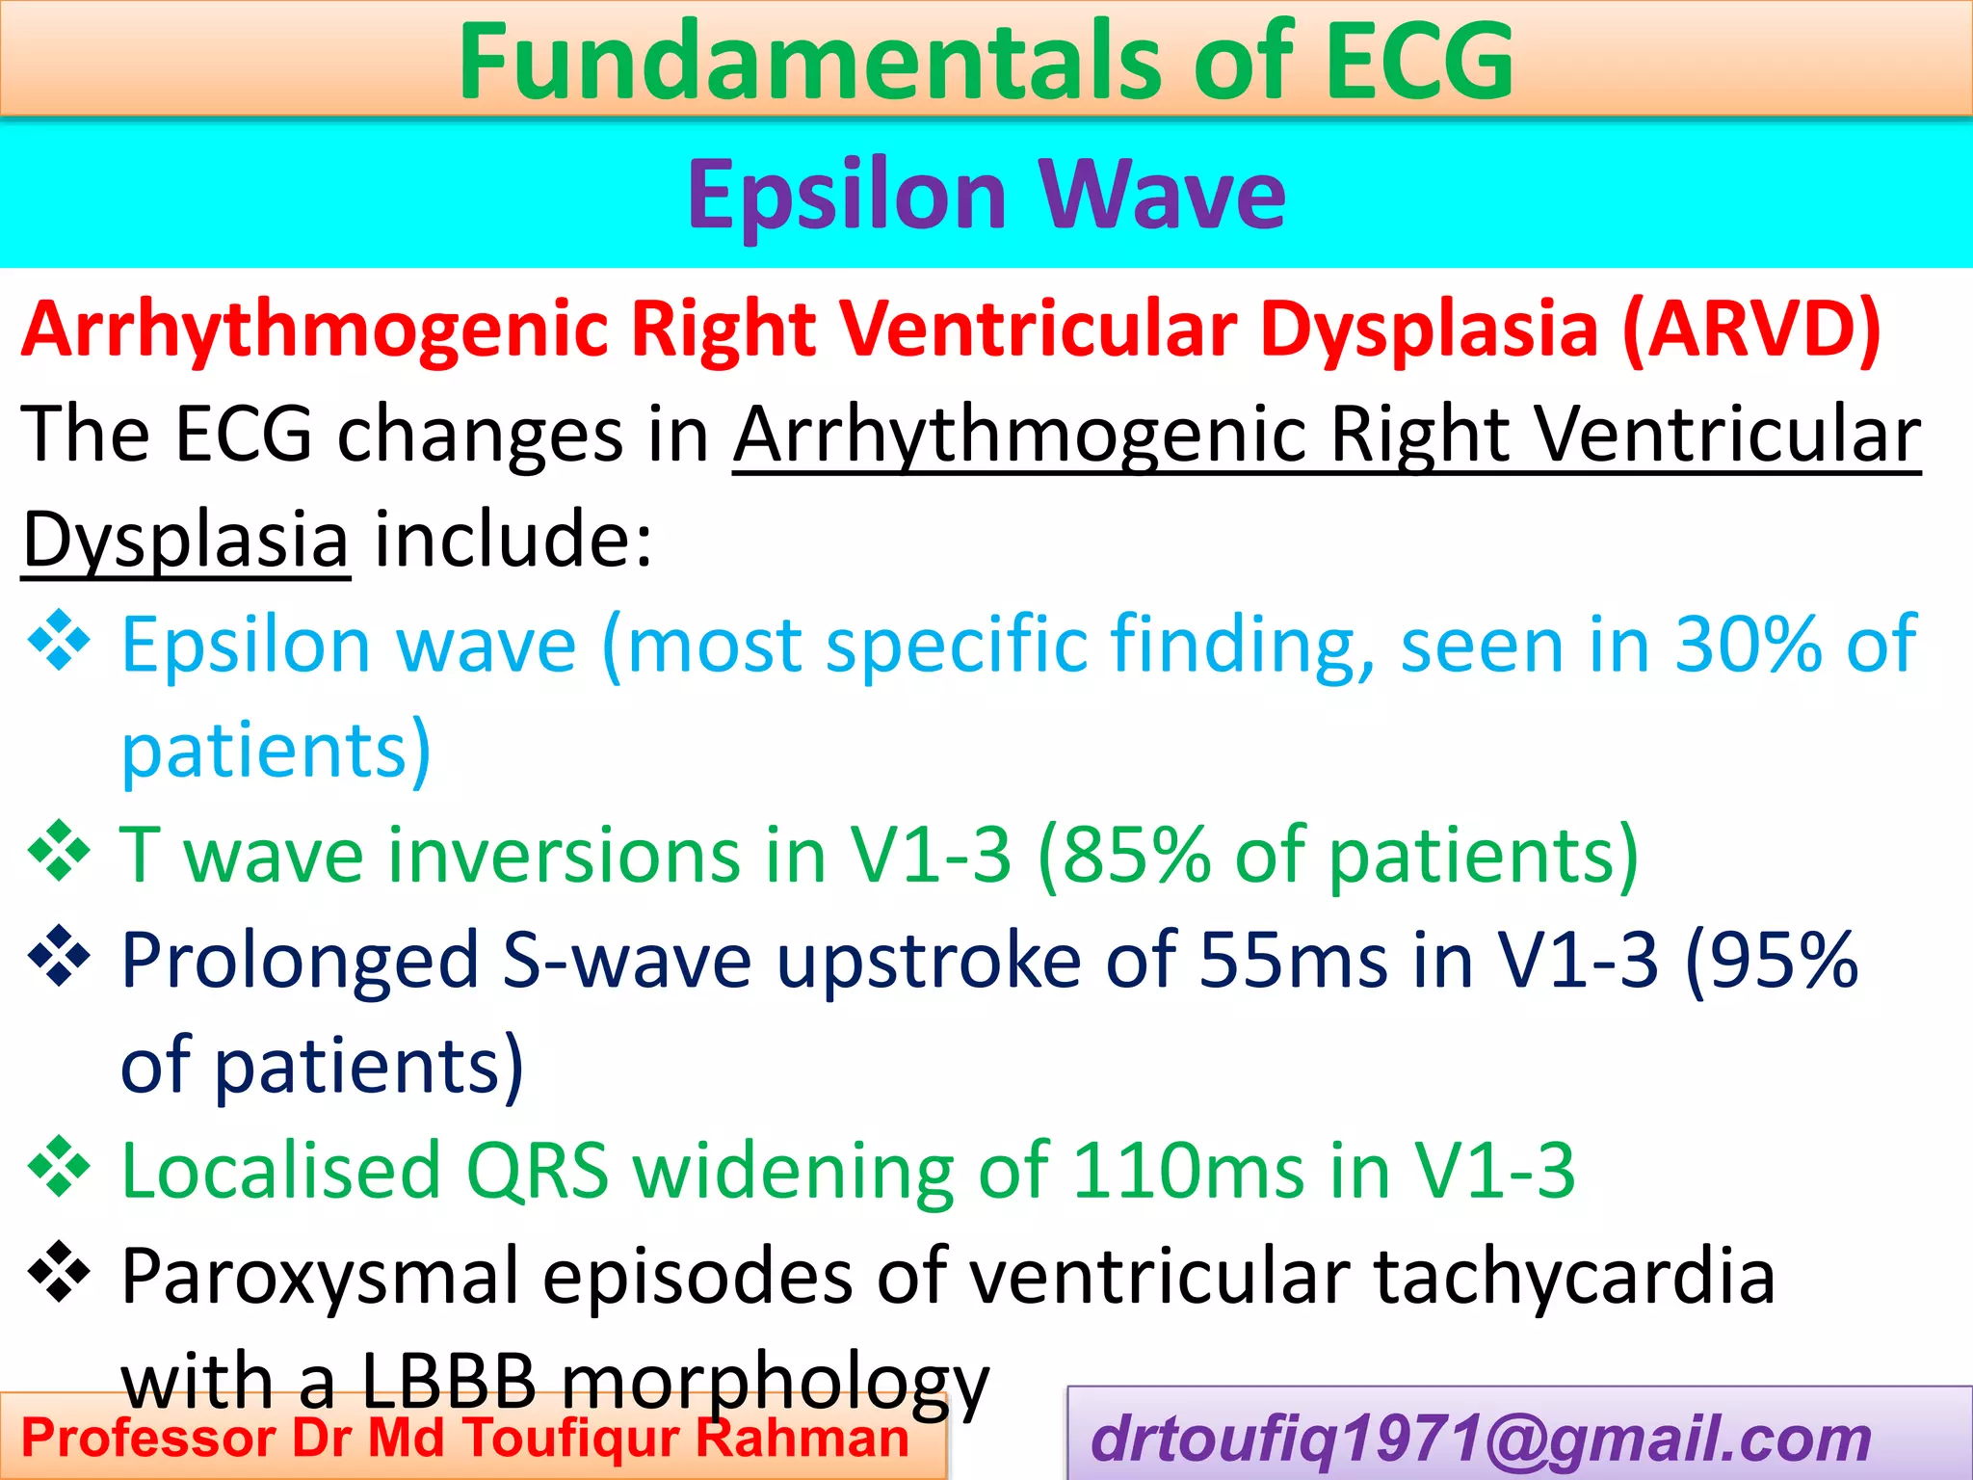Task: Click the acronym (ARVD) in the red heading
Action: click(1750, 330)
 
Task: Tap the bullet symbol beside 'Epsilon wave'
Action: click(60, 640)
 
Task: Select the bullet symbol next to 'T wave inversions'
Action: click(60, 851)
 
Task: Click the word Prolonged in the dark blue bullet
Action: click(300, 961)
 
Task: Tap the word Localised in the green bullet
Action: click(280, 1171)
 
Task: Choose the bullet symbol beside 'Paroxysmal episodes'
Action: click(60, 1272)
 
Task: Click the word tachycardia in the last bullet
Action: click(1573, 1277)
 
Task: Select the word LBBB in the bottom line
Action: click(448, 1381)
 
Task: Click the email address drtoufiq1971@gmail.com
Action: click(1481, 1440)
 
